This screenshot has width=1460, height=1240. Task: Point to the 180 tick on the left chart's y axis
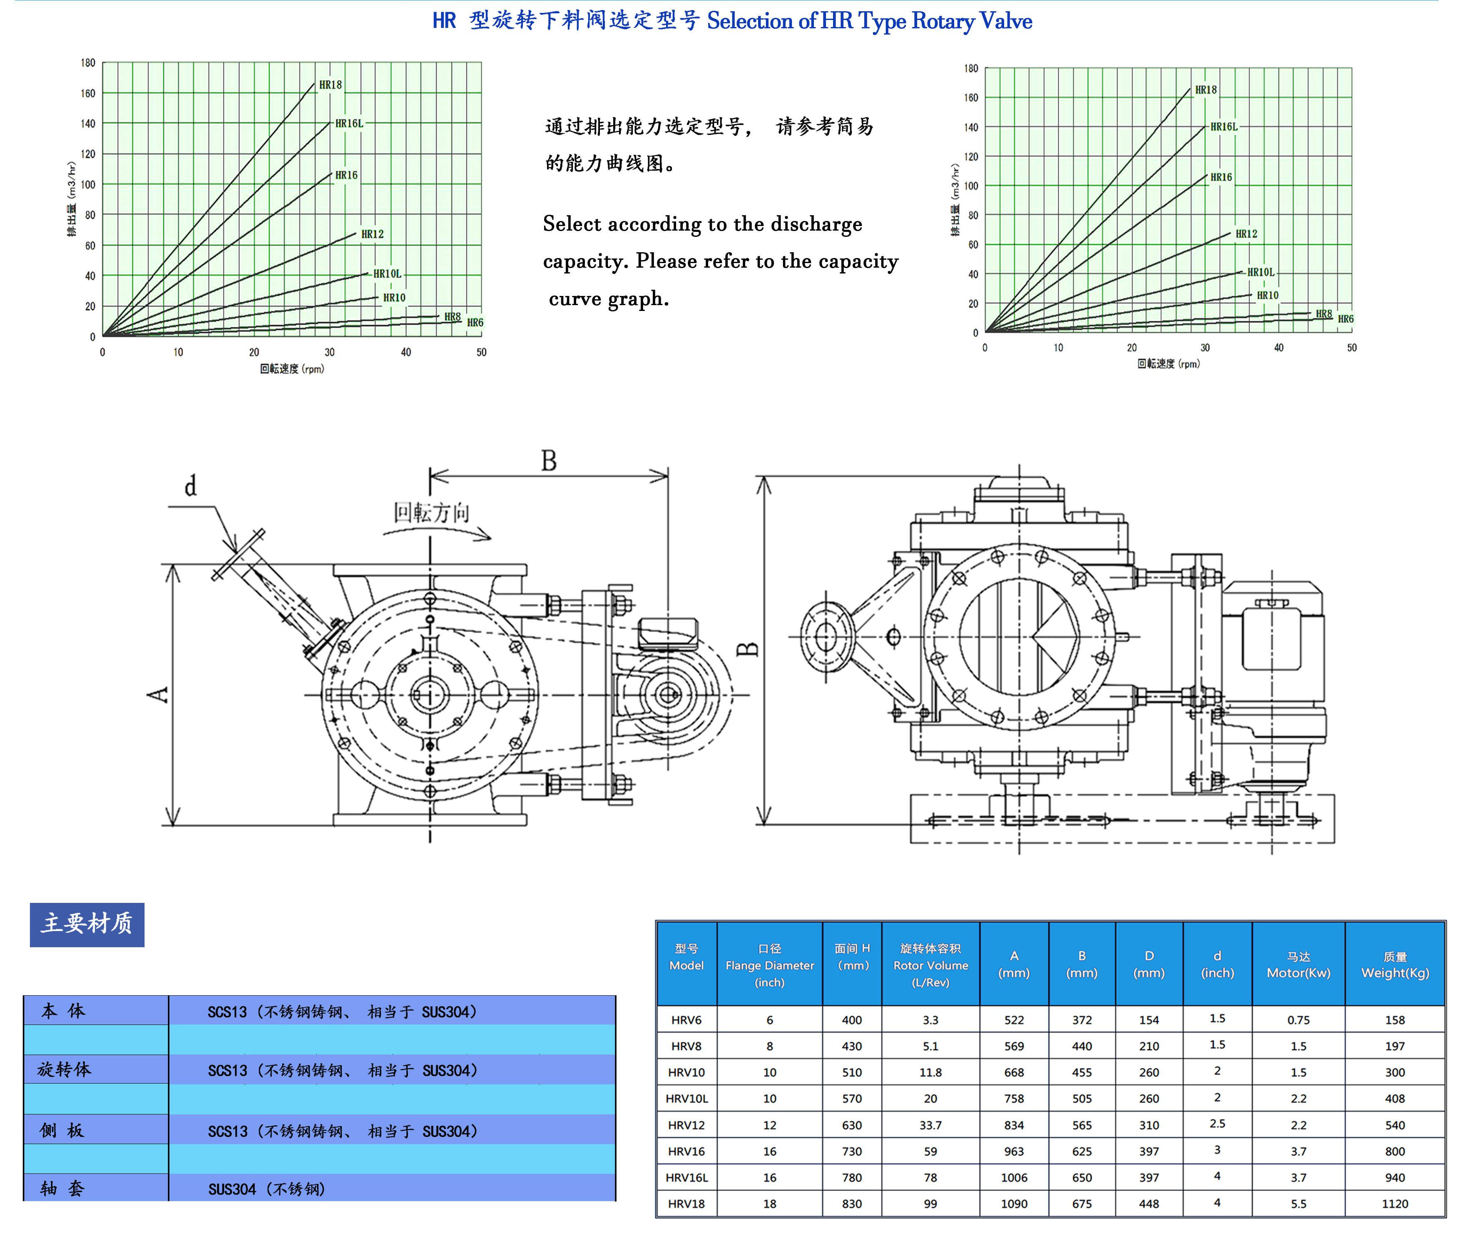tap(88, 62)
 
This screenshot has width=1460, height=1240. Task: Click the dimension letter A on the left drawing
tap(159, 695)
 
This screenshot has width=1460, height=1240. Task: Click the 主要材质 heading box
tap(87, 924)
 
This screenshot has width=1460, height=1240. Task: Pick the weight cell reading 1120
tap(1395, 1203)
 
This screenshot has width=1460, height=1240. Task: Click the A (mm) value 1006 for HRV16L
tap(1014, 1178)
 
